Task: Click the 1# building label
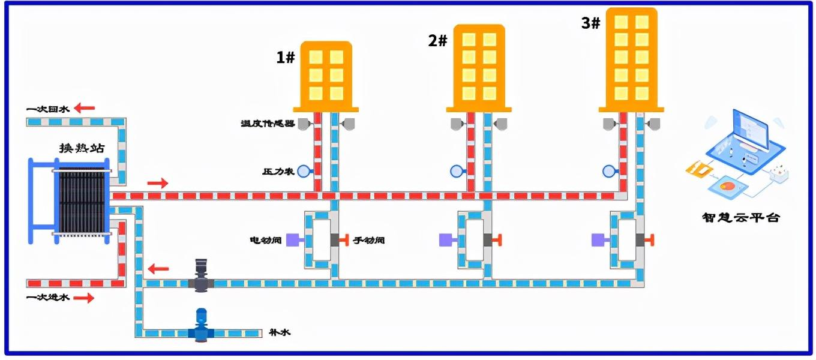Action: [x=285, y=58]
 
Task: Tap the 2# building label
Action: [x=437, y=41]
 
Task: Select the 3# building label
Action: [x=590, y=23]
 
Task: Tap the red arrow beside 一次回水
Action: [x=85, y=109]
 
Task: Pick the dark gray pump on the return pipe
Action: [x=201, y=277]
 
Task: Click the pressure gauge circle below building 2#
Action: [x=457, y=171]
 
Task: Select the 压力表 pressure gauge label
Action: [x=278, y=172]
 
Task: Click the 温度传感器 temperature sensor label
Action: [x=268, y=124]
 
